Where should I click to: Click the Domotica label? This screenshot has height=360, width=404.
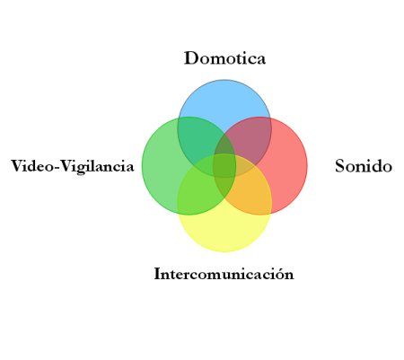tap(224, 57)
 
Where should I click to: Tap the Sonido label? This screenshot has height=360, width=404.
tap(364, 166)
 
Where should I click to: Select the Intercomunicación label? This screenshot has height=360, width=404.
tap(224, 274)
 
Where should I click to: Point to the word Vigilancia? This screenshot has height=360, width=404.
tap(97, 166)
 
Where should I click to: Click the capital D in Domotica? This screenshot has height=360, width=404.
tap(191, 57)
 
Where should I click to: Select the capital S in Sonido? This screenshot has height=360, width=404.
tap(340, 166)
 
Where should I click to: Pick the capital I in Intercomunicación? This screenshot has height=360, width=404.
tap(158, 274)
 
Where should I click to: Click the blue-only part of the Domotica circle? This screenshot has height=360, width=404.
tap(224, 101)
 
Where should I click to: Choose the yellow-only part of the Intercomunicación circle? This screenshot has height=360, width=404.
tap(224, 231)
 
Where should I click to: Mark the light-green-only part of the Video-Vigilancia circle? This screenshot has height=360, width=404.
tap(160, 168)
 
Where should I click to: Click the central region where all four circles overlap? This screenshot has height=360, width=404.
tap(224, 165)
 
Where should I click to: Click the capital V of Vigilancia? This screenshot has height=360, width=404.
tap(67, 166)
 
